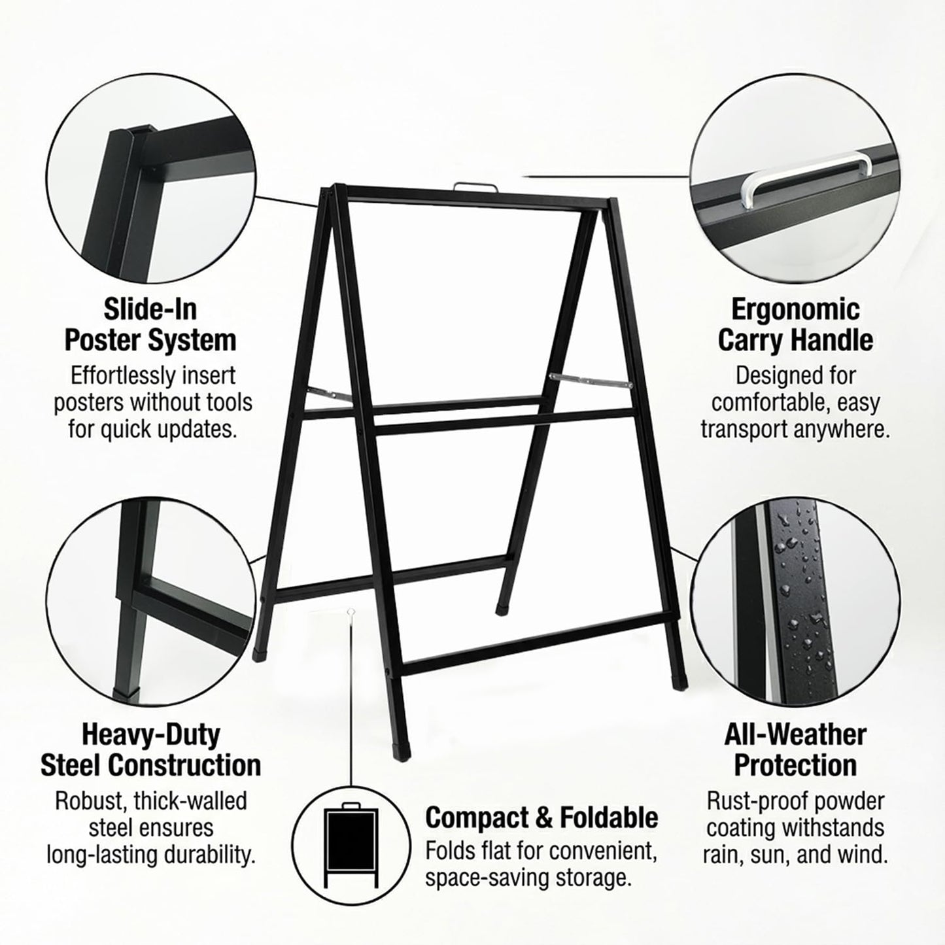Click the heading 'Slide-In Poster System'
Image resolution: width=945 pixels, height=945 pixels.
(x=150, y=324)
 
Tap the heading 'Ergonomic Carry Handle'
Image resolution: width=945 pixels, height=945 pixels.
(x=795, y=324)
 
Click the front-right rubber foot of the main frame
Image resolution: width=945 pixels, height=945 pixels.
(x=679, y=682)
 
